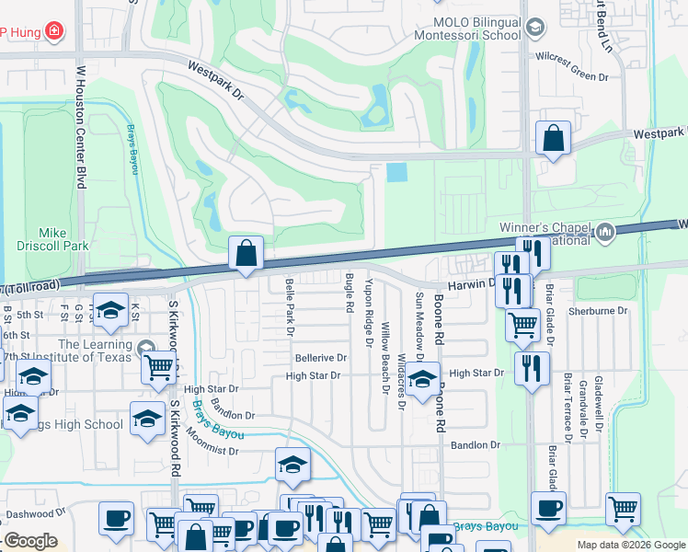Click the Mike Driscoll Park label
(52, 239)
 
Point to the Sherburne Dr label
(598, 311)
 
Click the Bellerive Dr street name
(320, 358)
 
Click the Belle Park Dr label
(290, 306)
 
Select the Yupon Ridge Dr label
(369, 313)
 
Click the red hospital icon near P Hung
(54, 32)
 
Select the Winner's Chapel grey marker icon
(605, 231)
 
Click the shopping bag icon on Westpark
(553, 140)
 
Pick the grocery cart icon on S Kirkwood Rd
(159, 367)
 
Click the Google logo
(31, 542)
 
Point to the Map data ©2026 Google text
(631, 545)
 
